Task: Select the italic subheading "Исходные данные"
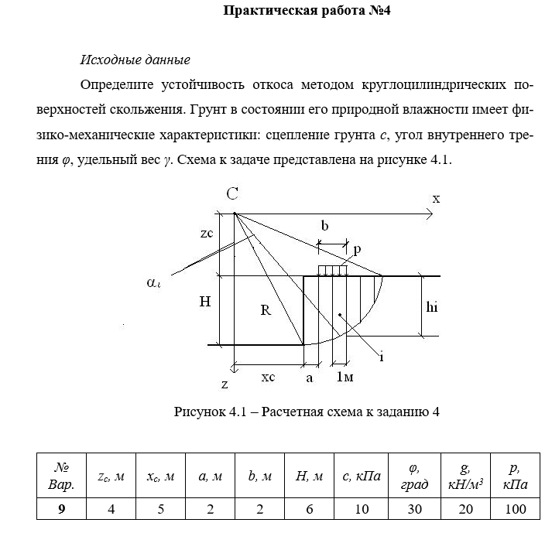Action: pyautogui.click(x=135, y=60)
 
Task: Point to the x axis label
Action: pyautogui.click(x=436, y=199)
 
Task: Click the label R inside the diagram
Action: pyautogui.click(x=266, y=311)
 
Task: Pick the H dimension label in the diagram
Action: pyautogui.click(x=204, y=303)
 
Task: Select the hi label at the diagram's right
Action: pyautogui.click(x=433, y=306)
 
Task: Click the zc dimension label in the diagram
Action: pyautogui.click(x=205, y=233)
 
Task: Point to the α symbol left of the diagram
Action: pyautogui.click(x=154, y=283)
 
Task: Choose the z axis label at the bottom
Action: pyautogui.click(x=225, y=384)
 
